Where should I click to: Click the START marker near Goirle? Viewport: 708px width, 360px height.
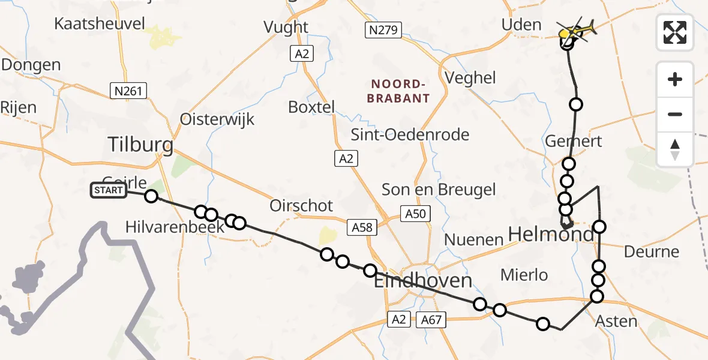tap(109, 191)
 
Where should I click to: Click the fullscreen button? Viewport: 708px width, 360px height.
tap(675, 32)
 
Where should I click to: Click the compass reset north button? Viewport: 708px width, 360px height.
tap(675, 149)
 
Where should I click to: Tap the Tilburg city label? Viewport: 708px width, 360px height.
tap(141, 145)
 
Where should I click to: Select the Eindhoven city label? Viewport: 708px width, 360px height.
tap(422, 281)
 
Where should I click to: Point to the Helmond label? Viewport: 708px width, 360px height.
tap(551, 234)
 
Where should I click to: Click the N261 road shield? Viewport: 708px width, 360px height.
tap(128, 91)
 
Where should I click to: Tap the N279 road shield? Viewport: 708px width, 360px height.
tap(383, 30)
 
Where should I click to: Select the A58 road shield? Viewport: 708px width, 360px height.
tap(362, 226)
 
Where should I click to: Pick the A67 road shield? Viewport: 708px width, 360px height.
tap(431, 320)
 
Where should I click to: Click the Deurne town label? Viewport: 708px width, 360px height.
tap(652, 251)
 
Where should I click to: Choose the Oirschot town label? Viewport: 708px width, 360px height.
tap(301, 206)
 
